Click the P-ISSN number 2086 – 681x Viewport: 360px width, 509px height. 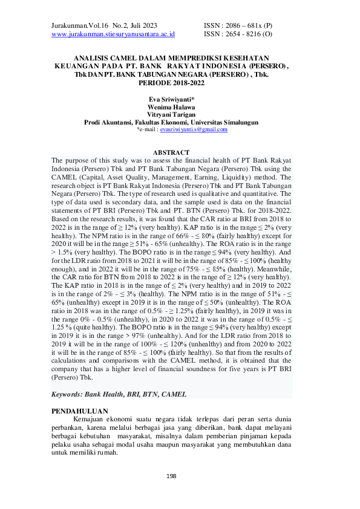coord(250,25)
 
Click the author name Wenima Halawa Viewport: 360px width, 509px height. coord(171,106)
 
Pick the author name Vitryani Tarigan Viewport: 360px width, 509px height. coord(171,114)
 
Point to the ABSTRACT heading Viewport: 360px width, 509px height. coord(171,152)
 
